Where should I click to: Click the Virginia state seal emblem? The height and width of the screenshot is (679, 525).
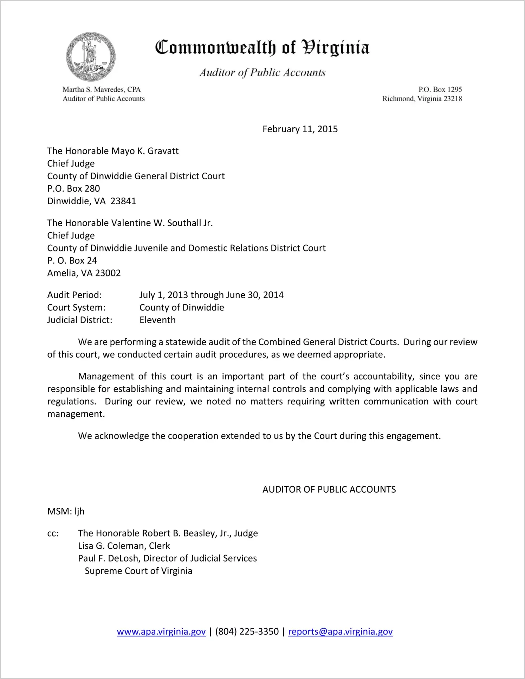91,57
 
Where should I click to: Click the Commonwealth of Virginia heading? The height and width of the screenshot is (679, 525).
262,47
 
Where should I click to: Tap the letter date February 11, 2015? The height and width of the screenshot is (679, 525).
300,129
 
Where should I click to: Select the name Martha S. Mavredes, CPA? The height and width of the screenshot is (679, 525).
102,90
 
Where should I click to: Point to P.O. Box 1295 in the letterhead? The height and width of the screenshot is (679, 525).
440,90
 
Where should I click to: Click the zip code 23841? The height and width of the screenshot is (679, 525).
123,201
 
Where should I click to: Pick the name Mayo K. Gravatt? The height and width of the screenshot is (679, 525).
145,151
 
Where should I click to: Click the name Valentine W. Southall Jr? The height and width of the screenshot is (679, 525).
162,223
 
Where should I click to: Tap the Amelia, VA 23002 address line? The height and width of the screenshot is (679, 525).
84,273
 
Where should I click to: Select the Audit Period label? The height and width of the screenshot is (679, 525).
74,295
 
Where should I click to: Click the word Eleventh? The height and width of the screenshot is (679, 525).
157,320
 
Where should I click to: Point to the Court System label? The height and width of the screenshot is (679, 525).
76,308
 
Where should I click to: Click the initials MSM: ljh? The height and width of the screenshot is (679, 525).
66,511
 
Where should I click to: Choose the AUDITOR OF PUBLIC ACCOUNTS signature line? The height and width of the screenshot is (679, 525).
329,489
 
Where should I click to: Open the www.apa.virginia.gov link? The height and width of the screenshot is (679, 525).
161,632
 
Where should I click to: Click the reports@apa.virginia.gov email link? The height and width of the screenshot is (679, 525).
340,632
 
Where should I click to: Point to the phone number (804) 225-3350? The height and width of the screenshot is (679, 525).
247,632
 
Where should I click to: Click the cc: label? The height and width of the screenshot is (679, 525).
53,533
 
